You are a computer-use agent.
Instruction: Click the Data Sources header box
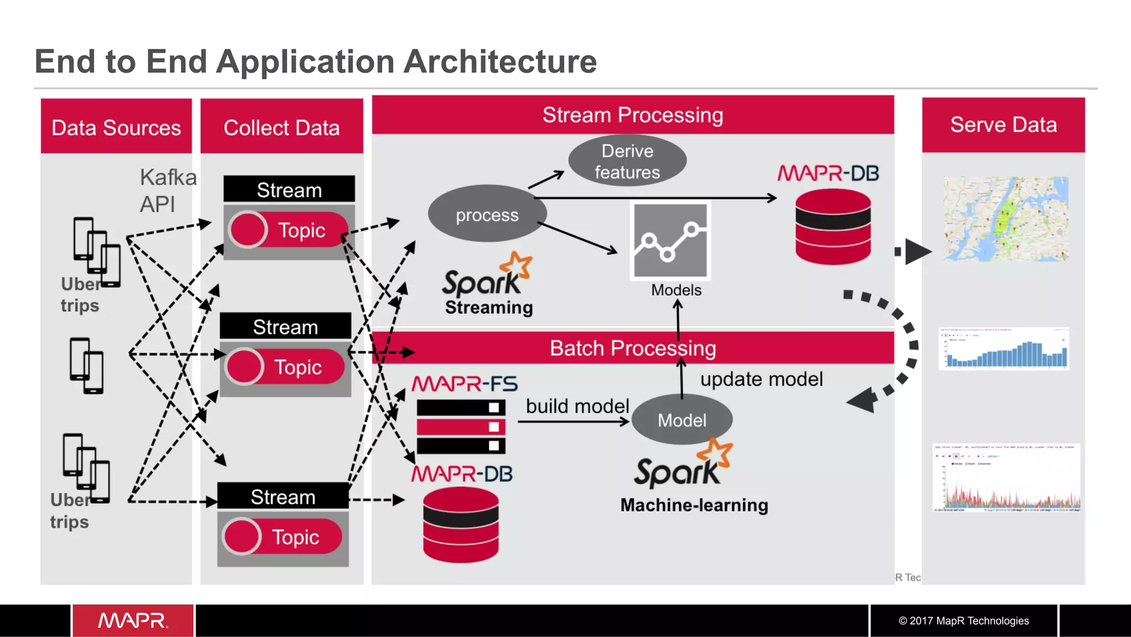[x=116, y=127]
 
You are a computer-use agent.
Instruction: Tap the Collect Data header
[x=282, y=127]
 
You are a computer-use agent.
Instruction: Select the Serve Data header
[x=1003, y=125]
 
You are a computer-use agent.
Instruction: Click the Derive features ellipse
[x=627, y=161]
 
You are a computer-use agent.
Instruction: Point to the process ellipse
[x=487, y=214]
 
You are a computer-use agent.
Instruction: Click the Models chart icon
[x=670, y=240]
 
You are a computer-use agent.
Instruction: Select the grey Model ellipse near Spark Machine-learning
[x=681, y=420]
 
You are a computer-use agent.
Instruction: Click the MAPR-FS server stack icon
[x=461, y=427]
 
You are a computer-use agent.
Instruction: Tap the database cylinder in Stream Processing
[x=833, y=227]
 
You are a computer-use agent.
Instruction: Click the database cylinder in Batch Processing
[x=461, y=525]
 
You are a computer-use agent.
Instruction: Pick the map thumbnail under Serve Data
[x=1005, y=219]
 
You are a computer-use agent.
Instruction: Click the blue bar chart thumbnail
[x=1004, y=349]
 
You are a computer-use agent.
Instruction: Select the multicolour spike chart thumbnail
[x=1006, y=477]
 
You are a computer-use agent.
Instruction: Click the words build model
[x=577, y=406]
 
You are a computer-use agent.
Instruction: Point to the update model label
[x=761, y=379]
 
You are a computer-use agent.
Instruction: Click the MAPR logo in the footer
[x=133, y=620]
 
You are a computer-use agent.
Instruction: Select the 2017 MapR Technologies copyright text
[x=963, y=620]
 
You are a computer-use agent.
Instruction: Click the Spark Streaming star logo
[x=518, y=265]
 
